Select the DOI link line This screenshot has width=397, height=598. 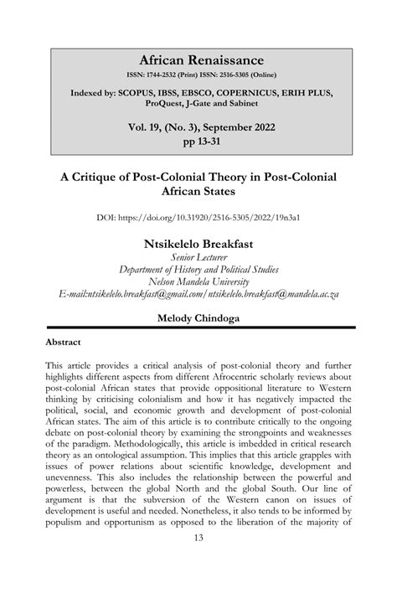click(x=198, y=218)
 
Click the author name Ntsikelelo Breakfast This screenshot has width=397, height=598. click(x=198, y=243)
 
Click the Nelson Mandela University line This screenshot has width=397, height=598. click(x=198, y=282)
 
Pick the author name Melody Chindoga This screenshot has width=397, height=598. click(x=198, y=319)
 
